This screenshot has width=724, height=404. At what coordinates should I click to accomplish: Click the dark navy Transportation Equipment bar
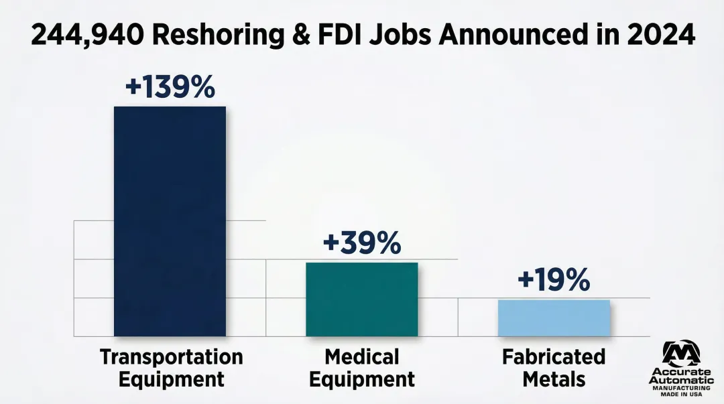(x=170, y=221)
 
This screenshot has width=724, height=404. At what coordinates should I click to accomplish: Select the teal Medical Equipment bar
(x=361, y=299)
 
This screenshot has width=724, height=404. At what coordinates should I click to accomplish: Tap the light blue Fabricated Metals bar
(x=554, y=318)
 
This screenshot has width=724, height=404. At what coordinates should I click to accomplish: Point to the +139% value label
(x=170, y=88)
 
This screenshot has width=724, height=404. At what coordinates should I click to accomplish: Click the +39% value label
(x=361, y=244)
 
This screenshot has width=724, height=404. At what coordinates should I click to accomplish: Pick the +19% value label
(x=554, y=280)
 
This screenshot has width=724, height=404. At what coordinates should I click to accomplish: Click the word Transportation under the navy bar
(x=171, y=356)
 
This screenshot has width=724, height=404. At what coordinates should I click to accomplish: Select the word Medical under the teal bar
(x=361, y=356)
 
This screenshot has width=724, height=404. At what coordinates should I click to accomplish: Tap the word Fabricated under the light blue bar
(x=554, y=356)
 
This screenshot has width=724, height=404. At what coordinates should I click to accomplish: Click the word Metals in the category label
(x=554, y=379)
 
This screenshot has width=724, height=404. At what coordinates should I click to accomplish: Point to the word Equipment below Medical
(x=361, y=379)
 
